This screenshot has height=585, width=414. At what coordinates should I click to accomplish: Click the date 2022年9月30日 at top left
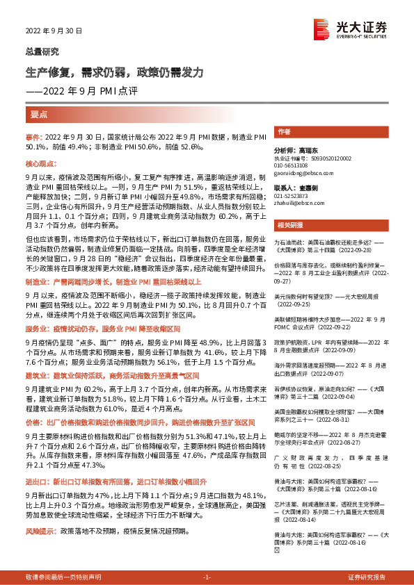54,31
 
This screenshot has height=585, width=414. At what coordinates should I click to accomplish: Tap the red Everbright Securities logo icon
322,28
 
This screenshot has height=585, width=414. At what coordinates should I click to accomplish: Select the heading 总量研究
42,51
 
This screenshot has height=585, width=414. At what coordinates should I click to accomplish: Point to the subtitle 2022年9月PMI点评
85,90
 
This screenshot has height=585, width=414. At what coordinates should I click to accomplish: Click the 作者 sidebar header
283,131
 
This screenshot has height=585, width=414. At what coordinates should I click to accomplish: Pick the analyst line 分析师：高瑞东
294,150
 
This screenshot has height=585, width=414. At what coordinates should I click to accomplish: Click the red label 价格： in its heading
33,422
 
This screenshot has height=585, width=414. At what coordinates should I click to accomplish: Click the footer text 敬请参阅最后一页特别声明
63,577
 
